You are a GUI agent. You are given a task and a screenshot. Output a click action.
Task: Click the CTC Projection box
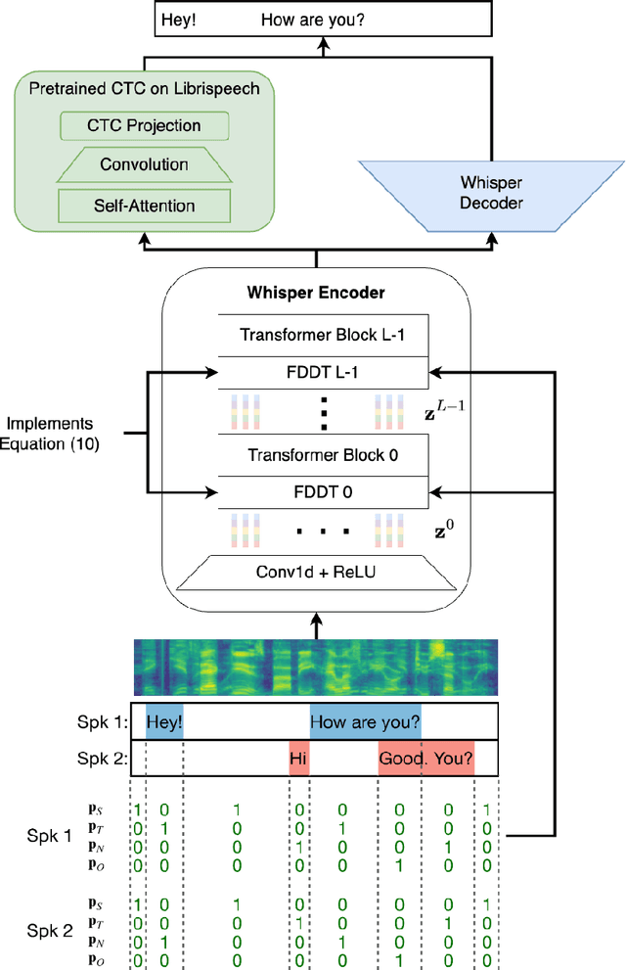click(x=144, y=126)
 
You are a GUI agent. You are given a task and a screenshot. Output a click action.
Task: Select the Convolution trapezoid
click(x=144, y=164)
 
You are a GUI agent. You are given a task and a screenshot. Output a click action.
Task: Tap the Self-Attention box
click(x=144, y=206)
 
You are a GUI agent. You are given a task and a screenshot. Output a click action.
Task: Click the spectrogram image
click(x=316, y=665)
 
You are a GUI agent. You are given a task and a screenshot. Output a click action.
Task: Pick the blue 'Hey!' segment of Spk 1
click(x=164, y=722)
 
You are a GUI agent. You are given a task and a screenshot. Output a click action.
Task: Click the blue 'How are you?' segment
click(x=365, y=722)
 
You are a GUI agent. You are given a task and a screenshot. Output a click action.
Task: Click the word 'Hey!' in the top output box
click(x=180, y=17)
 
